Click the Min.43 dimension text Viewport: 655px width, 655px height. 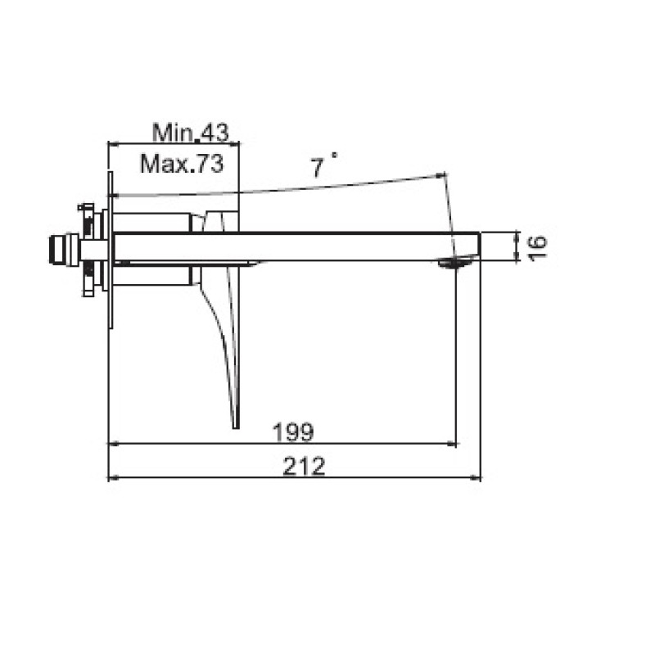click(x=191, y=133)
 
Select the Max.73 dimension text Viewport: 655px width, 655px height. click(x=182, y=163)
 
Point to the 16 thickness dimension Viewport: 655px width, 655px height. click(x=537, y=248)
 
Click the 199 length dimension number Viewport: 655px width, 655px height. click(x=292, y=432)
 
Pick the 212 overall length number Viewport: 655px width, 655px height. click(x=304, y=466)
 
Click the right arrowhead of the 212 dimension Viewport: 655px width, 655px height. click(x=476, y=477)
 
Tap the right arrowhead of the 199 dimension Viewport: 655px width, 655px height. click(x=451, y=444)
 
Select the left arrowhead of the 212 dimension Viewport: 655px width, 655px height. click(x=114, y=477)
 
